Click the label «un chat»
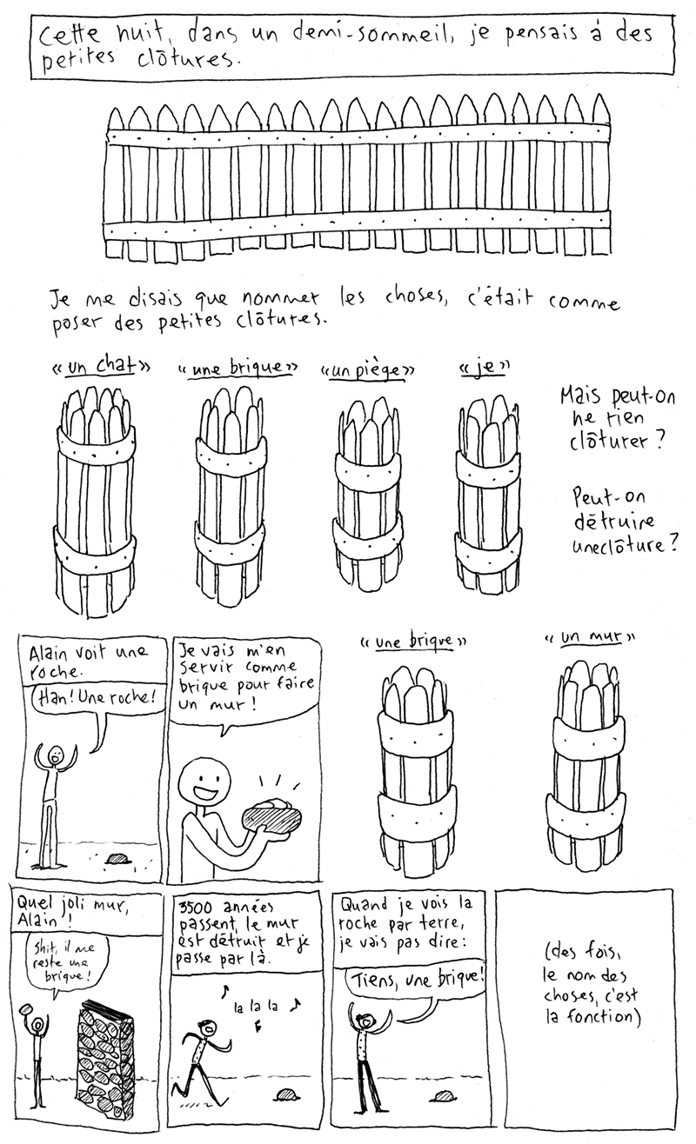point(101,366)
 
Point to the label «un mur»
point(590,637)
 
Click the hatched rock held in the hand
point(272,816)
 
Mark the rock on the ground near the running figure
point(287,1094)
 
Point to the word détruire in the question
point(613,521)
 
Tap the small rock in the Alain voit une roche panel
point(117,858)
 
